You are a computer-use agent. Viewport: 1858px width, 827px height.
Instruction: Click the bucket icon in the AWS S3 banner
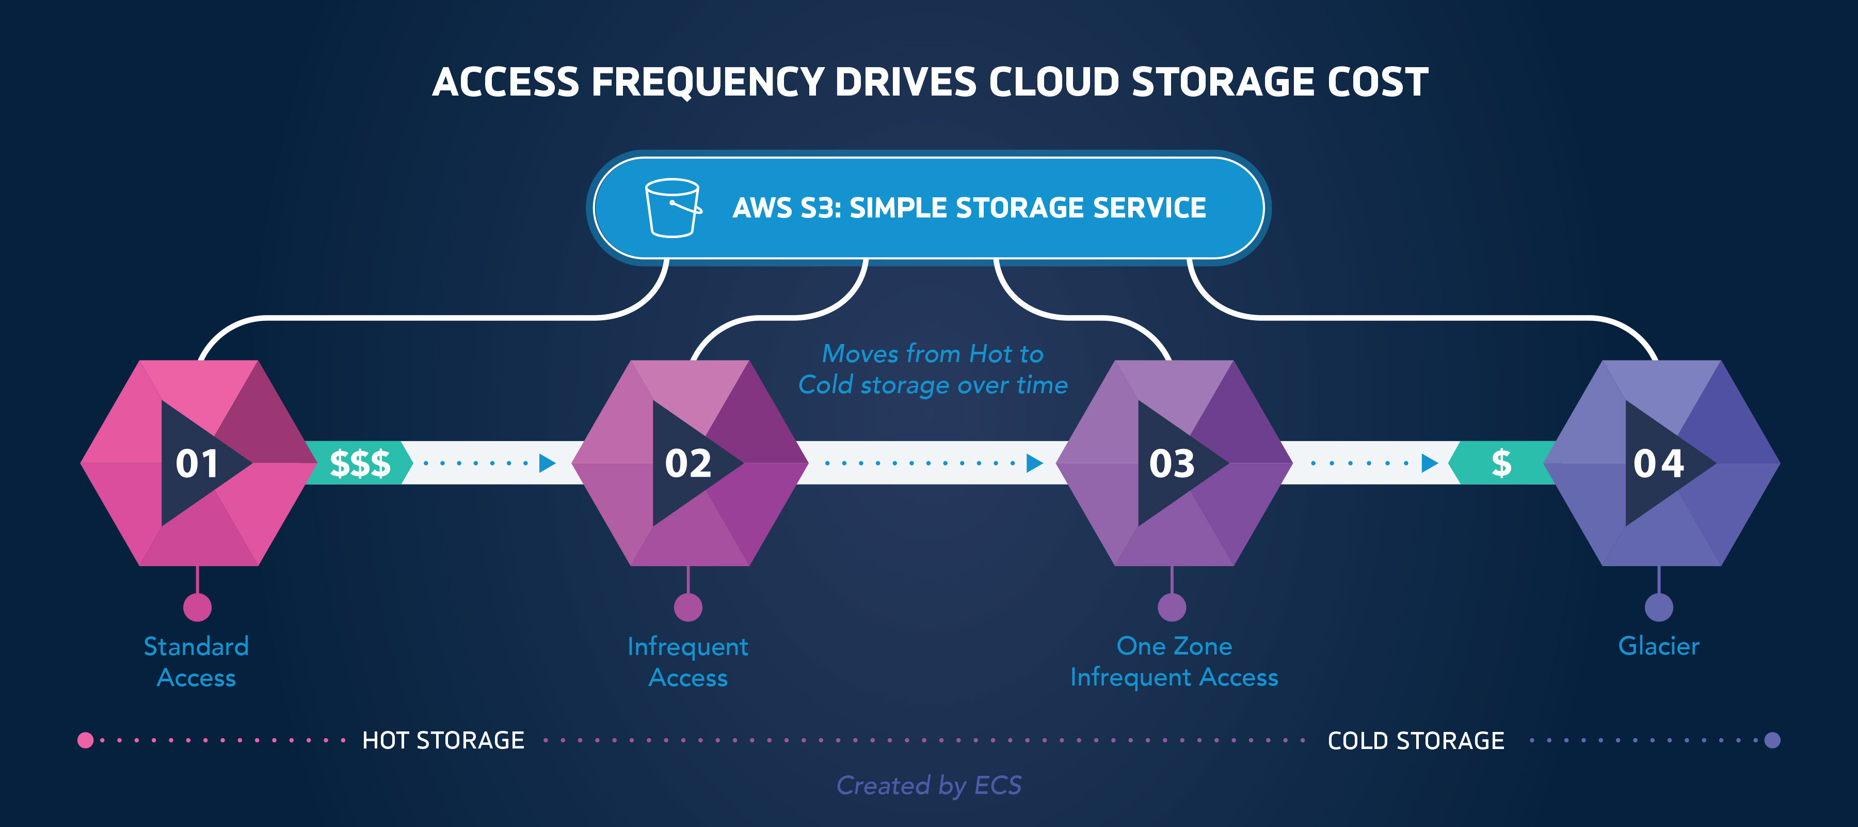tap(672, 208)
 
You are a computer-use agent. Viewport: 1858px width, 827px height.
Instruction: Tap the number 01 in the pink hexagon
tap(197, 463)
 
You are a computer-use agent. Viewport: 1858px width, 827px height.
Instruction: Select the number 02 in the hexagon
tap(688, 463)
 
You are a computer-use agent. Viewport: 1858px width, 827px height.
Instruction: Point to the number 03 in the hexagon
tap(1172, 463)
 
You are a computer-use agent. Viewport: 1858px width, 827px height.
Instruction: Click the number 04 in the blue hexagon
tap(1658, 463)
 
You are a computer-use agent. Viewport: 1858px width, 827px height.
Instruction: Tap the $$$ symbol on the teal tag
tap(360, 463)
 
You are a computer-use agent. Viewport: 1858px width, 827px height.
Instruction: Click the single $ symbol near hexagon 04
tap(1501, 463)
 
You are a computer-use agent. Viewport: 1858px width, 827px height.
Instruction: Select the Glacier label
tap(1658, 646)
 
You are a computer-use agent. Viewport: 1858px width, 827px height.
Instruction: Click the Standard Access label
tap(196, 662)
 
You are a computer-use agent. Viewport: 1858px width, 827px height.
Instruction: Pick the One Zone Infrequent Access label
tap(1174, 662)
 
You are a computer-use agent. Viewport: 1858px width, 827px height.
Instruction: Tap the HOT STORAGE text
tap(443, 740)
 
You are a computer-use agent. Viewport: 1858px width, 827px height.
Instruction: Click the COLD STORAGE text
tap(1415, 740)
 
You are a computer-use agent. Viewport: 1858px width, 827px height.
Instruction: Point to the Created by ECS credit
tap(928, 785)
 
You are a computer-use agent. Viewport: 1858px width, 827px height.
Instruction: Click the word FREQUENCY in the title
tap(708, 82)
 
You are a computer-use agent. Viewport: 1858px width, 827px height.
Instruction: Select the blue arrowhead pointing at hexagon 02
tap(548, 463)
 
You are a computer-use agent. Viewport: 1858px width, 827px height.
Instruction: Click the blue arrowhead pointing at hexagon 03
tap(1034, 463)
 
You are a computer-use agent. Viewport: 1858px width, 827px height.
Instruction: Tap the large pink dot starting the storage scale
tap(85, 740)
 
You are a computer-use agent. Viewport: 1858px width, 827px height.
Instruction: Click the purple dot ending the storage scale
tap(1772, 740)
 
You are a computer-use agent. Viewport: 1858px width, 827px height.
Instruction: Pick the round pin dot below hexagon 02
tap(688, 607)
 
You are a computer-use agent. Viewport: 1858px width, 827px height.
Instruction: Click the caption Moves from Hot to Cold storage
tap(933, 369)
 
